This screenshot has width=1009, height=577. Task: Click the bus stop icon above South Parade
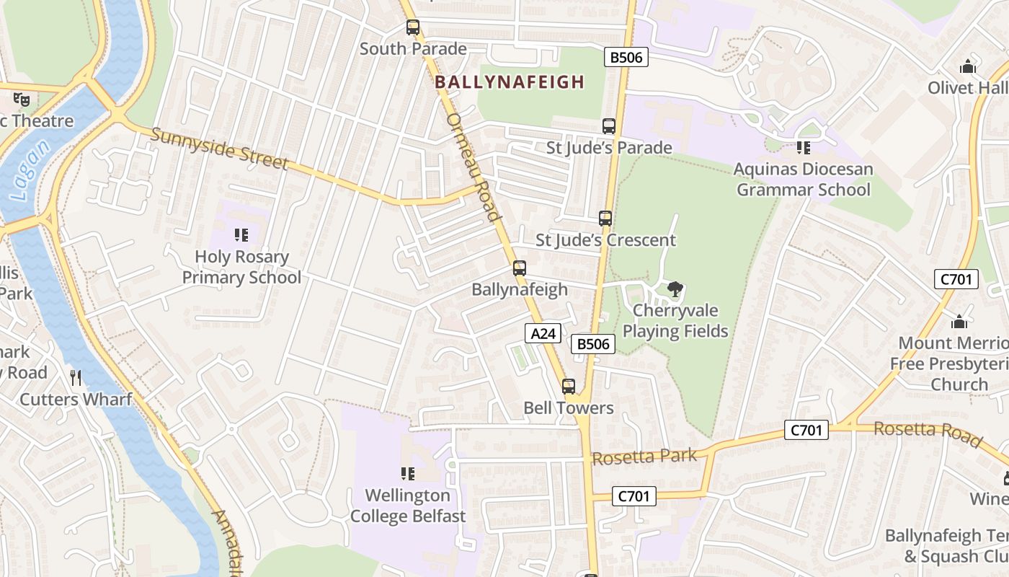[412, 27]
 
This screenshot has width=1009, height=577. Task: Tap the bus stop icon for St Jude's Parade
[609, 126]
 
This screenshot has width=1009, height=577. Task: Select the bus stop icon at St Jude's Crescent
[605, 218]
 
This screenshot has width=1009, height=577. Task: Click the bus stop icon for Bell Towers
[569, 386]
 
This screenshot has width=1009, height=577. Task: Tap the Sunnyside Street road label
[220, 149]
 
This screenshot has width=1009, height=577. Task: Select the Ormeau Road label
[474, 167]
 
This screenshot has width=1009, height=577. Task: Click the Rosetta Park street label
[644, 457]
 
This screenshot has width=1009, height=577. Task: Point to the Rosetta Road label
[928, 433]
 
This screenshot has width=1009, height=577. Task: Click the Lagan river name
[30, 170]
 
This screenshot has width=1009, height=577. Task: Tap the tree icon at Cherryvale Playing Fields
[675, 289]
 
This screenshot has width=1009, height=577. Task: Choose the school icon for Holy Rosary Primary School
[241, 234]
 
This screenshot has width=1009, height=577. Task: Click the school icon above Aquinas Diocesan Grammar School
[803, 148]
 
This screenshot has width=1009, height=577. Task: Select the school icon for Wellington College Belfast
[407, 474]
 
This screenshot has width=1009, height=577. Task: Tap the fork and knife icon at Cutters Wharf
[76, 377]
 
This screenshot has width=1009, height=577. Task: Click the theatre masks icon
[22, 99]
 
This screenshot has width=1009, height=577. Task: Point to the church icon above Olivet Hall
[967, 67]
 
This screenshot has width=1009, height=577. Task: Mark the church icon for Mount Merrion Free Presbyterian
[959, 322]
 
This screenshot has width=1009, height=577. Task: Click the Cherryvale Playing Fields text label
[675, 321]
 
